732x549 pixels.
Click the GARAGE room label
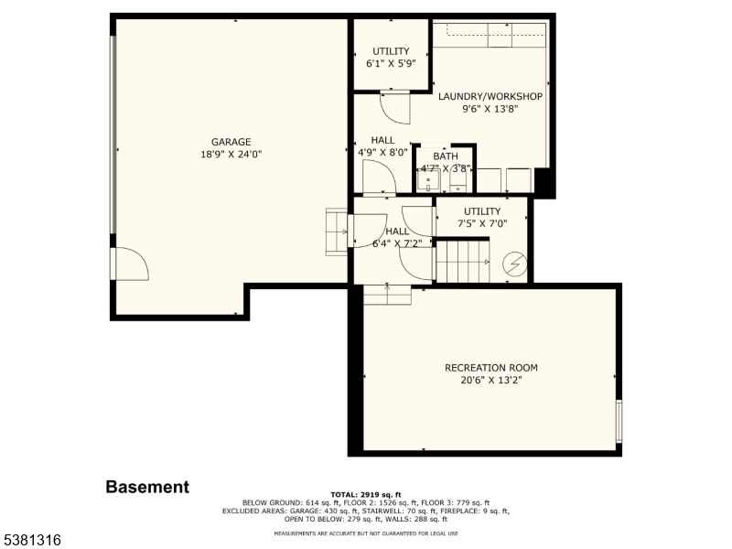click(x=231, y=142)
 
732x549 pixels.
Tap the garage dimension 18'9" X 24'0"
click(x=231, y=154)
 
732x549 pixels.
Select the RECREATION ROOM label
click(x=491, y=368)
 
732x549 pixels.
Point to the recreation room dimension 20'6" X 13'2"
click(x=491, y=380)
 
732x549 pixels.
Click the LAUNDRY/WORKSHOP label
click(x=490, y=97)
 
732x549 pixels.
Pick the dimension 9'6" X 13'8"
click(x=490, y=109)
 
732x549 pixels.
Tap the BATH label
click(x=446, y=156)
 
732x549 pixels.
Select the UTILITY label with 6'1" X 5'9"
click(x=391, y=51)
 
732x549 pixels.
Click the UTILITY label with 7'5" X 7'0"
click(x=482, y=211)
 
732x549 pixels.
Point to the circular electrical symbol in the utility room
click(x=515, y=264)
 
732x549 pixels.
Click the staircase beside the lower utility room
click(x=463, y=262)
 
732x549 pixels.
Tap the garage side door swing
click(x=132, y=264)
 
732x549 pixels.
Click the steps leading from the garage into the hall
click(x=337, y=232)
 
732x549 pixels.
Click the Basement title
click(x=147, y=487)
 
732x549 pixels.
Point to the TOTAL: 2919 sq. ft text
click(x=366, y=495)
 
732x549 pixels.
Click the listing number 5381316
click(x=31, y=540)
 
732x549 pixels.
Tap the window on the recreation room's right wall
click(x=619, y=421)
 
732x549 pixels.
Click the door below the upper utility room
click(x=395, y=108)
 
